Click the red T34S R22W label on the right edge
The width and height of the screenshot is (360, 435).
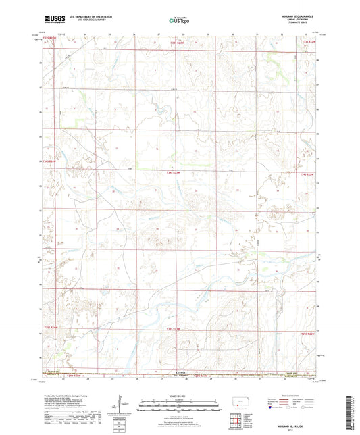(307, 174)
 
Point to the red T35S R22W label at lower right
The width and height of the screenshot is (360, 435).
(308, 334)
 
